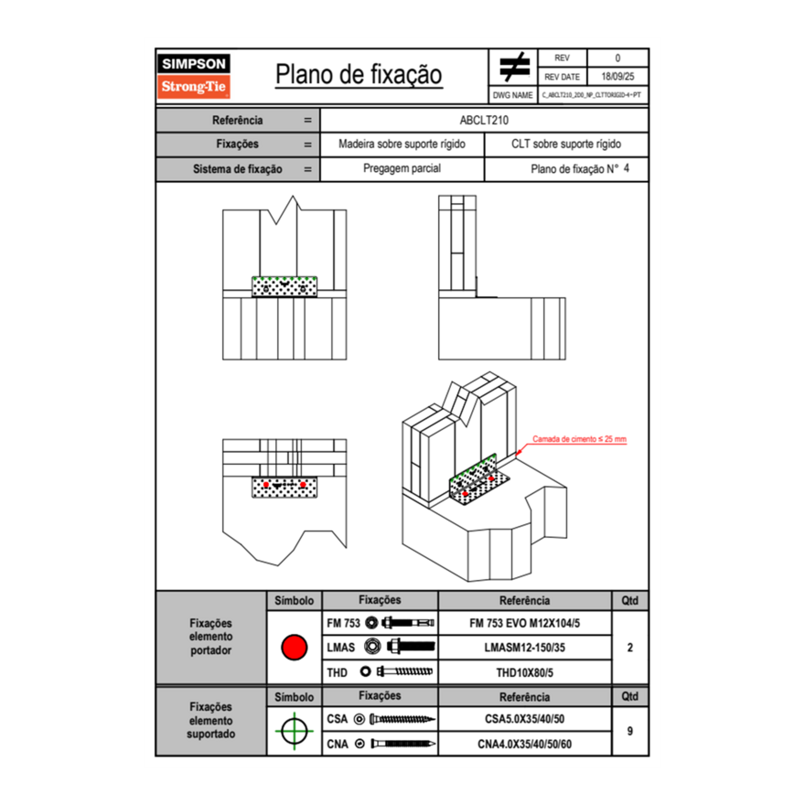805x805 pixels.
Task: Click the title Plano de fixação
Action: (359, 74)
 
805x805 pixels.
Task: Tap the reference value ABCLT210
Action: (484, 120)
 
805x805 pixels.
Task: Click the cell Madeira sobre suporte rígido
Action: (402, 145)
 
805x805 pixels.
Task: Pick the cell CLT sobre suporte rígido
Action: (566, 145)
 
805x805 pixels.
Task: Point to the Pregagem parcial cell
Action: (402, 169)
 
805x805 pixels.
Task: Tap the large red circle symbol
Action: (293, 648)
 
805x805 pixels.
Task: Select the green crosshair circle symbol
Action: (293, 731)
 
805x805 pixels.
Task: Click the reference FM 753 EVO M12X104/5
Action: (524, 623)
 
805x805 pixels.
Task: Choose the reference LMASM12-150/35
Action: (524, 648)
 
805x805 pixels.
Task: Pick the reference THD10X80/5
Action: (524, 672)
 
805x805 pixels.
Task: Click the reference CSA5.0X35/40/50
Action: (524, 719)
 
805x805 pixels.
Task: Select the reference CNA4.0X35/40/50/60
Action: (524, 745)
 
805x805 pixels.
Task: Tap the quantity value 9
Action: (629, 731)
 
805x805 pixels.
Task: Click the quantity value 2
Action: (629, 648)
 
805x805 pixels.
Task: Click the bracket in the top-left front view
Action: (284, 286)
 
